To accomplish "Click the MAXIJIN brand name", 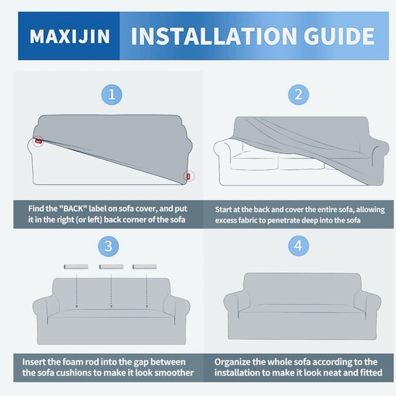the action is click(x=70, y=36).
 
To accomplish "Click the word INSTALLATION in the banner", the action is click(x=214, y=36).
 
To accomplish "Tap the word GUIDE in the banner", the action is click(x=339, y=36).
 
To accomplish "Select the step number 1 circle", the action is click(x=111, y=95).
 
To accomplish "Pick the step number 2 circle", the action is click(x=298, y=95).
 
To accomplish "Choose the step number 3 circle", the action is click(x=109, y=246).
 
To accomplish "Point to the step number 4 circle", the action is click(x=298, y=246).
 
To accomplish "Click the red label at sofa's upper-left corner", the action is click(x=38, y=141).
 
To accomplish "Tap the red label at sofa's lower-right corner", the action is click(x=188, y=176).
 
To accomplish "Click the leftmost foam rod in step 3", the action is click(x=76, y=267).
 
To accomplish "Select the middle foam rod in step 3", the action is click(x=111, y=267).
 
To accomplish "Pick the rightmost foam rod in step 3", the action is click(x=145, y=267).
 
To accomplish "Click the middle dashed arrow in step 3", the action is click(x=111, y=291).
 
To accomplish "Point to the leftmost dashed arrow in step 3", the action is click(x=76, y=291).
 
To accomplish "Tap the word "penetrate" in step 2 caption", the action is click(x=283, y=221).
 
